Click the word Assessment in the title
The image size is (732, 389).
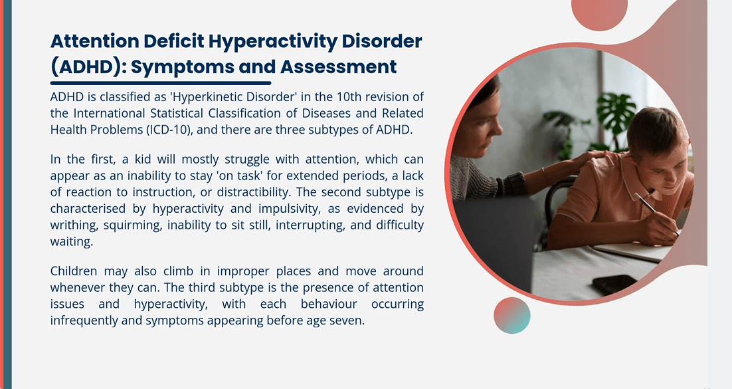338,66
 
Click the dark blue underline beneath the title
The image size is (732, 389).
161,83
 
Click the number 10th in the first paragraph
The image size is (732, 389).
347,97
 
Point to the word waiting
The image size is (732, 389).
72,241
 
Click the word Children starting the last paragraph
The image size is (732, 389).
73,271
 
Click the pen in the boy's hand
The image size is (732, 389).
656,213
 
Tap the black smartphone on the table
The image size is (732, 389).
614,285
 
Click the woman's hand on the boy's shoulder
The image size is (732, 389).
589,159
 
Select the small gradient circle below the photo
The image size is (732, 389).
512,315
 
